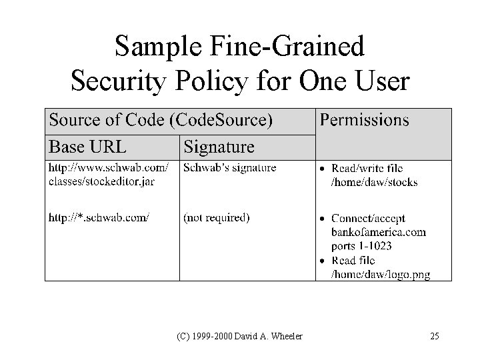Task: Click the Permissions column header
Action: click(364, 120)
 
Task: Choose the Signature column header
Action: click(219, 146)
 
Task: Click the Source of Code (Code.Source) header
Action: click(161, 120)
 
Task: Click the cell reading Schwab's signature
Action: click(229, 169)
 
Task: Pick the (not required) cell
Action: click(216, 217)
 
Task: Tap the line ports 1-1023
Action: click(363, 246)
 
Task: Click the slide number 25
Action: click(435, 337)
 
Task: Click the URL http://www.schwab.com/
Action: click(107, 168)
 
